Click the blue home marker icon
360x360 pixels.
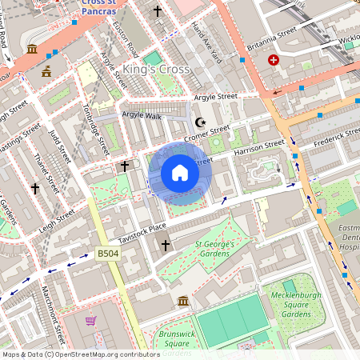pyautogui.click(x=180, y=173)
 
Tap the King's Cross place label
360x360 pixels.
pyautogui.click(x=156, y=70)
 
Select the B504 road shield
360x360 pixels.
pyautogui.click(x=108, y=254)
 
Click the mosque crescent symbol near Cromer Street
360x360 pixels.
pyautogui.click(x=200, y=122)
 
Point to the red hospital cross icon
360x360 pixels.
pyautogui.click(x=274, y=60)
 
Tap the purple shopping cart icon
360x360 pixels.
pyautogui.click(x=91, y=321)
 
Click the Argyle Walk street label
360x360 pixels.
pyautogui.click(x=141, y=115)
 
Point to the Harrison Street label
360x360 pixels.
pyautogui.click(x=258, y=147)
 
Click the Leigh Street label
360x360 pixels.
pyautogui.click(x=55, y=218)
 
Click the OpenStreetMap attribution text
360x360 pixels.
pyautogui.click(x=81, y=354)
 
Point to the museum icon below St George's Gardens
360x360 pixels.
pyautogui.click(x=183, y=301)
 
